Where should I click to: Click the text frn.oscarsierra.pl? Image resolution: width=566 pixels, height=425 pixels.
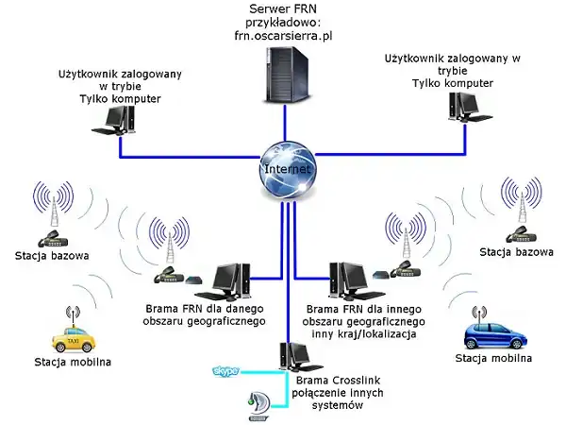tap(282, 37)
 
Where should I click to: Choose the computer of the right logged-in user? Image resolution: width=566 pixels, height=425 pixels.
tap(462, 115)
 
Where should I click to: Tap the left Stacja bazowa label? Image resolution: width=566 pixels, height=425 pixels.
tap(53, 255)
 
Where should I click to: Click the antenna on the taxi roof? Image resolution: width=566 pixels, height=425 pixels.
tap(72, 310)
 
